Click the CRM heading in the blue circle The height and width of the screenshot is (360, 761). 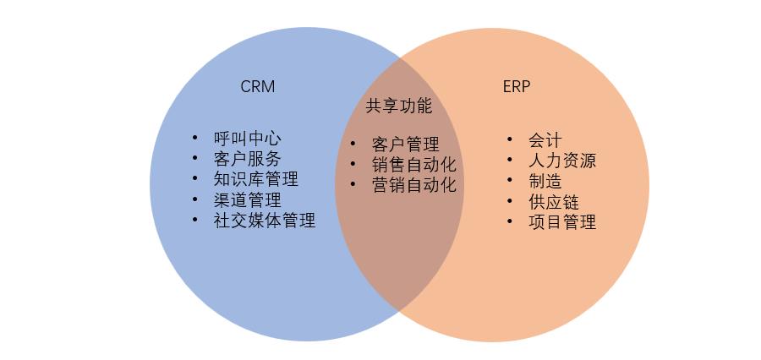tap(257, 87)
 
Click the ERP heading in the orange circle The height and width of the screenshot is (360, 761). tap(516, 87)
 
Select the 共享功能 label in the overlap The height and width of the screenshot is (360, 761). tap(398, 106)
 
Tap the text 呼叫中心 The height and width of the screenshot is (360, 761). tap(247, 139)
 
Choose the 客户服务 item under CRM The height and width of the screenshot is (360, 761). tap(247, 159)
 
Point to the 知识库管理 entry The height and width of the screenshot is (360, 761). tap(255, 179)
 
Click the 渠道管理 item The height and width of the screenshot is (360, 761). tap(247, 200)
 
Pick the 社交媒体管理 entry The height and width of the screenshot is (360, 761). tap(264, 221)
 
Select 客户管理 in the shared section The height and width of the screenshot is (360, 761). tap(405, 145)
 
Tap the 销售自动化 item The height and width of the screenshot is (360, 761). tap(413, 165)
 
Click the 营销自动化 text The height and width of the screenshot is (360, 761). tap(413, 185)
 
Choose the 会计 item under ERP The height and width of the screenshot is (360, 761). tap(545, 139)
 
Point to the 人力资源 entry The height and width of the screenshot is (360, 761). tap(561, 160)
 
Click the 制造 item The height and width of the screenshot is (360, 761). tap(545, 181)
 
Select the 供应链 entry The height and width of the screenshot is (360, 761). tap(553, 201)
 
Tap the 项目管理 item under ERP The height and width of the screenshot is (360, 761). tap(561, 222)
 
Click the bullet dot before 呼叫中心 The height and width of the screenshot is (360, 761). tap(195, 138)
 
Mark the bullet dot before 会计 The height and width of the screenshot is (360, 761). tap(510, 139)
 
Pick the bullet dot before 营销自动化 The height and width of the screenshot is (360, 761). tap(353, 184)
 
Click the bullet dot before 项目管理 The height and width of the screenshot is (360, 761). tap(510, 221)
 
